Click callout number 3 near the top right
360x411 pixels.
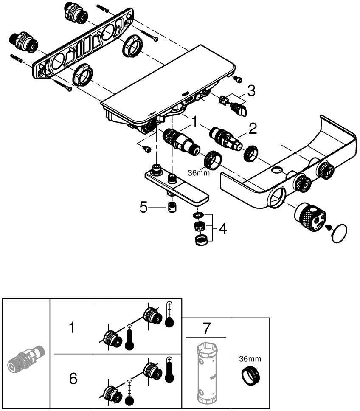(251, 91)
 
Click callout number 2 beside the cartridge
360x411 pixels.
(253, 129)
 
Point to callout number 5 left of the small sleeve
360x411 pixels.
(143, 208)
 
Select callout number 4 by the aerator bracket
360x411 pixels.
(223, 229)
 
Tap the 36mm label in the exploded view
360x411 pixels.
(199, 173)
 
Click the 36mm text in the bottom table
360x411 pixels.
(250, 359)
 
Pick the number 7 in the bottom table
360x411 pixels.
(206, 328)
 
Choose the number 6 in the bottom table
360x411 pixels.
(73, 378)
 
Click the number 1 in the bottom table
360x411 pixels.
(71, 328)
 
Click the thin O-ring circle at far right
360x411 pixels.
(339, 234)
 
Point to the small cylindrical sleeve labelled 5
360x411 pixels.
(172, 208)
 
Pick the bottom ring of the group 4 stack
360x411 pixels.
(201, 240)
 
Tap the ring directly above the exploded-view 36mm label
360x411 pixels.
(213, 160)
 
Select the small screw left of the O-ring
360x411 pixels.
(327, 227)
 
